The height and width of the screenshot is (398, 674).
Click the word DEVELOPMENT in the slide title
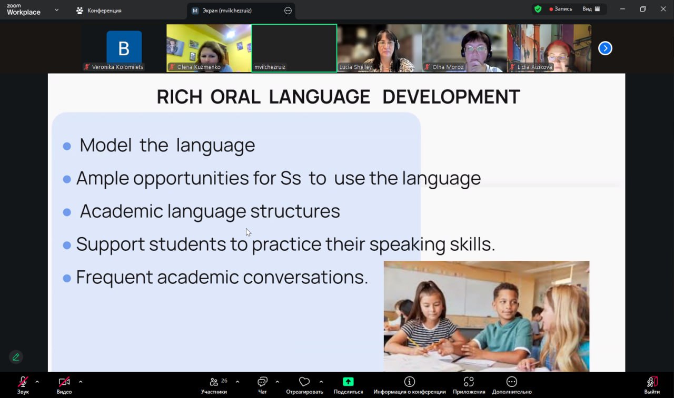tap(451, 97)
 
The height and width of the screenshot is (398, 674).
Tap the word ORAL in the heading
tap(235, 97)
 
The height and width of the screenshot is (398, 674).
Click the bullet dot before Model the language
tap(67, 146)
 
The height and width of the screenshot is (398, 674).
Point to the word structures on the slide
tap(295, 211)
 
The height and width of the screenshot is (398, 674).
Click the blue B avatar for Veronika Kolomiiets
tap(124, 47)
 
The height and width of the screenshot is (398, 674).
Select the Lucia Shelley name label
tap(355, 67)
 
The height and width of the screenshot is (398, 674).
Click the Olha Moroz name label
tap(448, 67)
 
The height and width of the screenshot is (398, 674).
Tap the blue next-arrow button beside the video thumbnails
tap(605, 48)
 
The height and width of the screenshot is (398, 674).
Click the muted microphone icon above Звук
tap(23, 382)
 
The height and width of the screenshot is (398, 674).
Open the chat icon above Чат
tap(262, 382)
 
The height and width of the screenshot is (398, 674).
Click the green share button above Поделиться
tap(348, 382)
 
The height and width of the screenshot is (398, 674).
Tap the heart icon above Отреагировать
tap(304, 382)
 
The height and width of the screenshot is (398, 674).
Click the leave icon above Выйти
tap(652, 382)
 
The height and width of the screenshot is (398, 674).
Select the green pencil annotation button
tap(16, 357)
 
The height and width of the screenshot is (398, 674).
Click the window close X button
tap(663, 9)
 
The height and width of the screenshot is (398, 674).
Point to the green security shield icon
tap(538, 9)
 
